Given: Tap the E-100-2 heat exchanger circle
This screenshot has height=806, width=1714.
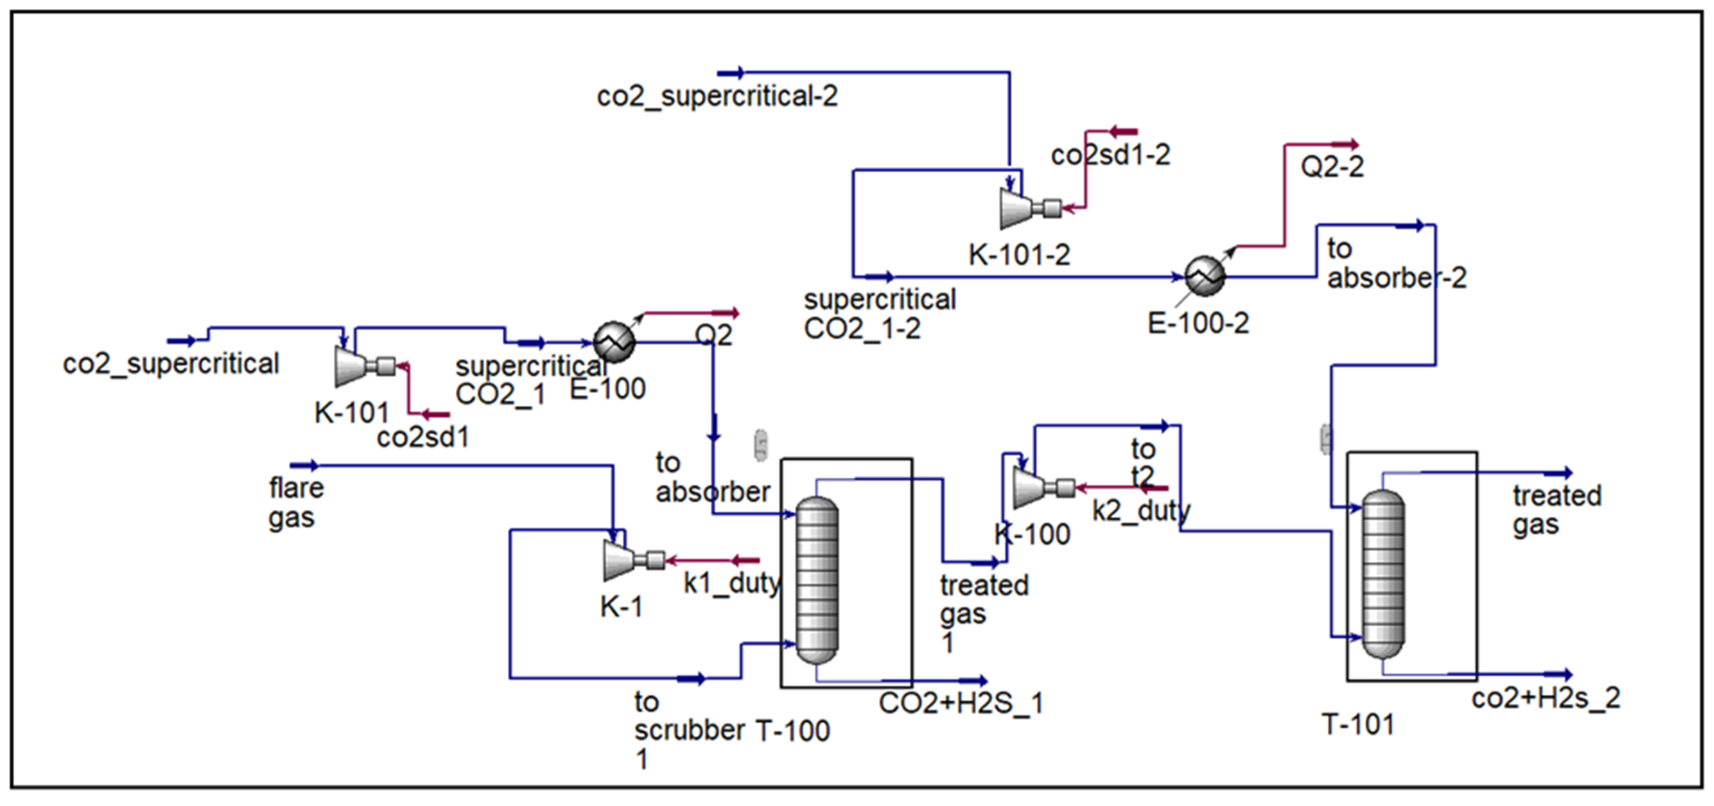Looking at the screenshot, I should pos(1204,275).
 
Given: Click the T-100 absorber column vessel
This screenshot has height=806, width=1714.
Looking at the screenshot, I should pos(817,580).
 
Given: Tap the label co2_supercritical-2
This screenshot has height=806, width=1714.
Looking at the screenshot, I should pos(717,96).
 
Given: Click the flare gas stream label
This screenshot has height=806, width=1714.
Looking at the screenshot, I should pos(296,502).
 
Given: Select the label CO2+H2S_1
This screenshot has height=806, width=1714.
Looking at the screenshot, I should pos(960,703).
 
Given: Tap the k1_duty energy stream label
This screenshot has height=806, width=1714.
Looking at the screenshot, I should pos(731,583).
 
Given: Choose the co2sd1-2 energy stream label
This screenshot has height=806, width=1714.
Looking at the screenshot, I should pos(1110,155).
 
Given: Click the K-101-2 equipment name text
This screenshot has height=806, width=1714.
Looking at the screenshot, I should pos(1019,255).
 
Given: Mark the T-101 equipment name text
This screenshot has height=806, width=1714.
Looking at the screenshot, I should pos(1357,724).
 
